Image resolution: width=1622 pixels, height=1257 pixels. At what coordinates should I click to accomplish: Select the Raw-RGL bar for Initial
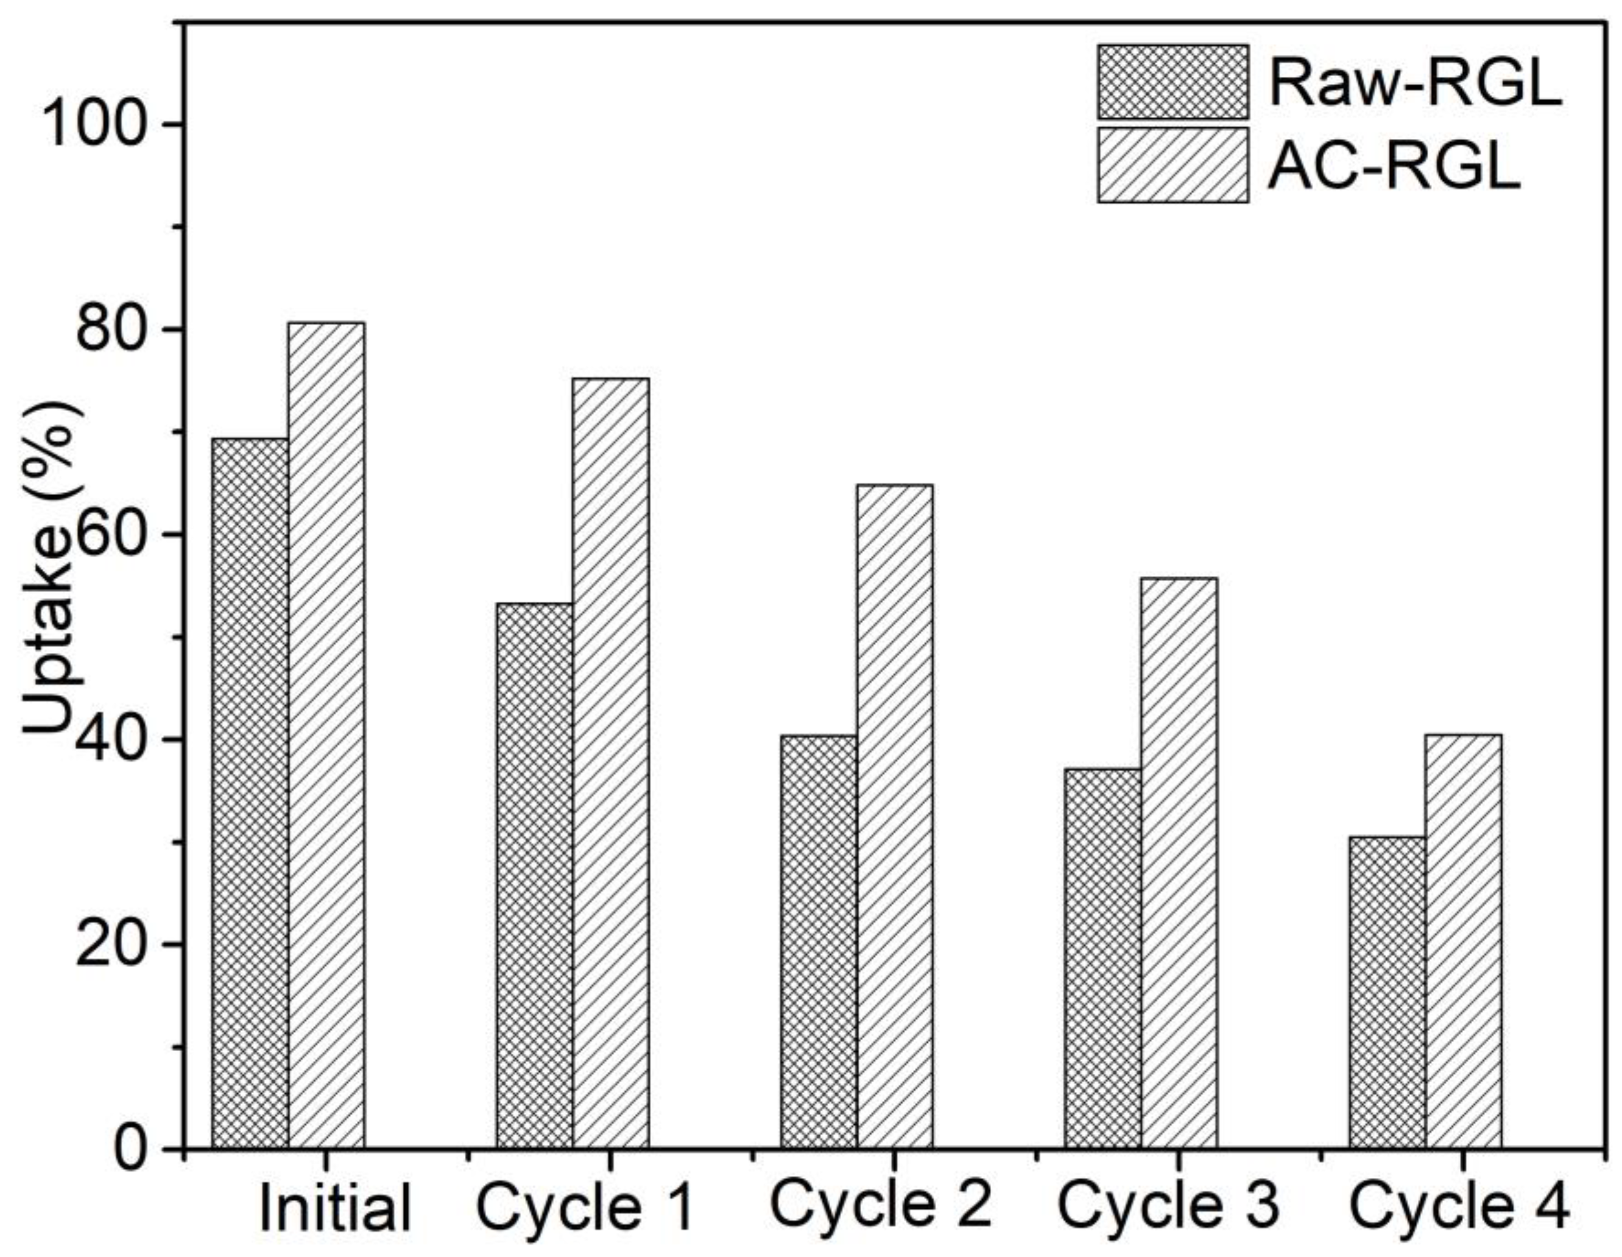pyautogui.click(x=250, y=794)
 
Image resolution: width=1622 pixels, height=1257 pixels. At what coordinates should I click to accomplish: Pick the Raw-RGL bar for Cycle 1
pyautogui.click(x=535, y=876)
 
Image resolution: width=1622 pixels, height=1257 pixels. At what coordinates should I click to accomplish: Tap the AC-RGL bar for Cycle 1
pyautogui.click(x=610, y=765)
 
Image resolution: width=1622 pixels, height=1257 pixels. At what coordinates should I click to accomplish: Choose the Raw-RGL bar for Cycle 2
pyautogui.click(x=819, y=943)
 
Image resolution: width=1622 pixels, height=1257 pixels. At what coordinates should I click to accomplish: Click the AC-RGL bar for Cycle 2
pyautogui.click(x=895, y=817)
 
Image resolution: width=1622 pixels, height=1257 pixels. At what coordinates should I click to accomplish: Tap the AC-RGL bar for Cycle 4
pyautogui.click(x=1463, y=943)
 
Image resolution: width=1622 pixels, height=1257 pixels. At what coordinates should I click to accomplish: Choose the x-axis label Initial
pyautogui.click(x=335, y=1209)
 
